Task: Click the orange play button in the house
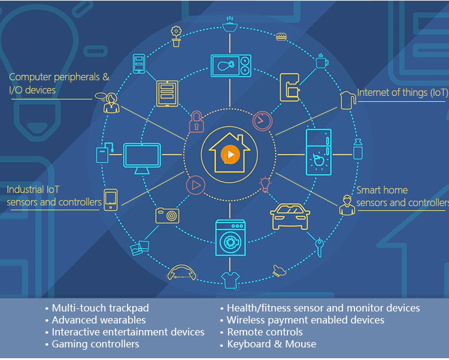pyautogui.click(x=230, y=155)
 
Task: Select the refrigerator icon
pyautogui.click(x=318, y=152)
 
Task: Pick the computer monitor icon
pyautogui.click(x=142, y=156)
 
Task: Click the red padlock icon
pyautogui.click(x=196, y=122)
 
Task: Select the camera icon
pyautogui.click(x=167, y=215)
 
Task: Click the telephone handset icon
pyautogui.click(x=182, y=273)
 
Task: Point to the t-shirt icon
pyautogui.click(x=230, y=279)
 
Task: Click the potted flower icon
pyautogui.click(x=176, y=36)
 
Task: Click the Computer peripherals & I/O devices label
pyautogui.click(x=59, y=83)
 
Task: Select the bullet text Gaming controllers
pyautogui.click(x=95, y=344)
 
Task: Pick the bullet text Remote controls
pyautogui.click(x=265, y=332)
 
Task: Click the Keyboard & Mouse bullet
pyautogui.click(x=271, y=344)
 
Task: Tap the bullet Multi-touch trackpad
pyautogui.click(x=100, y=308)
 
